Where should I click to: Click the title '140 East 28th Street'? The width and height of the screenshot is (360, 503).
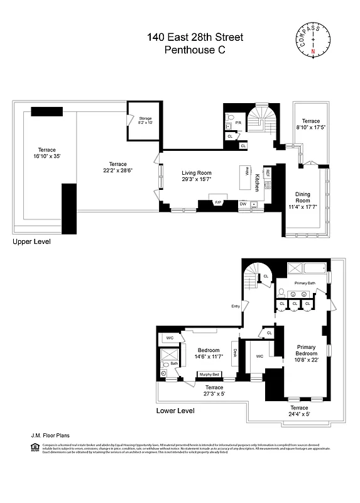pos(194,38)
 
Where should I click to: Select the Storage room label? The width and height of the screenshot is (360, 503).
pos(145,120)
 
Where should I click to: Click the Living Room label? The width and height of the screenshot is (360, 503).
pos(197,176)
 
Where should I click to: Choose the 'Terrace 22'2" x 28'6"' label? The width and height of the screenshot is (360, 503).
pos(117,167)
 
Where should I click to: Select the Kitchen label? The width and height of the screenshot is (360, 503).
pos(258,183)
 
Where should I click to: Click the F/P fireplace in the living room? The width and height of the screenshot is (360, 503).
pos(218,202)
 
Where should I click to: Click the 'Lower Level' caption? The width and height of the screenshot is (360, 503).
pos(175,411)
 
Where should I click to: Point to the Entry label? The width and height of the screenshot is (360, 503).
pos(236,306)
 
